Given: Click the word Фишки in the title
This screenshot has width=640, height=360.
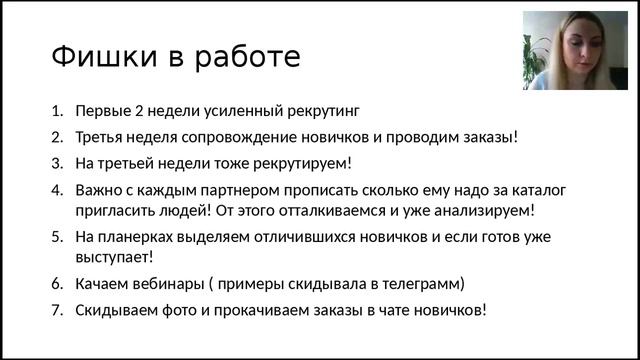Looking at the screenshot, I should coord(96,56).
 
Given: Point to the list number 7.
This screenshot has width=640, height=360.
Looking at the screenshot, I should coord(57,309).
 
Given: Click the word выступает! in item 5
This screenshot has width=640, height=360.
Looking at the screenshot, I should coord(116,258).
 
